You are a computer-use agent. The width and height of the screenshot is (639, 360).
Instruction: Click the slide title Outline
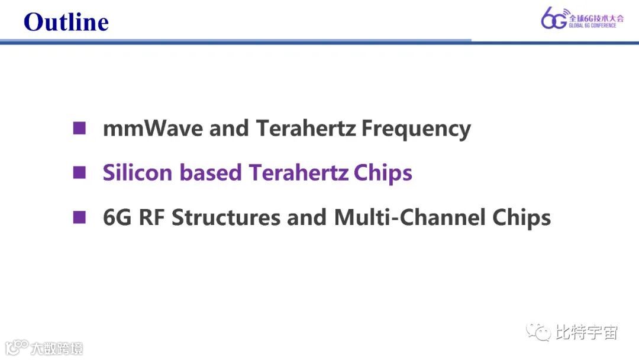[x=66, y=22]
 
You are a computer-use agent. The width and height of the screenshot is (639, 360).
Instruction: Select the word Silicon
[x=138, y=173]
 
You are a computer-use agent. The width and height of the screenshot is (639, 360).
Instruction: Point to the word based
[x=211, y=173]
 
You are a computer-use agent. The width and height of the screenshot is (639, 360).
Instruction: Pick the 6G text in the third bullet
[x=118, y=217]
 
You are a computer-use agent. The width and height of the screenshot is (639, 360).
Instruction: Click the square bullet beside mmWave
[x=79, y=128]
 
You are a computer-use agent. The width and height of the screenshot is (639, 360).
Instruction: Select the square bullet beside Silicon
[x=79, y=173]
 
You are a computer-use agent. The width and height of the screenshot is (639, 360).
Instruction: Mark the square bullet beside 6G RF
[x=79, y=217]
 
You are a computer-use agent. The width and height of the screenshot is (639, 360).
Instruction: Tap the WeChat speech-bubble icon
[x=538, y=332]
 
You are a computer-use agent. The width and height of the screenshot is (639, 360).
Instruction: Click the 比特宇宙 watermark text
[x=586, y=332]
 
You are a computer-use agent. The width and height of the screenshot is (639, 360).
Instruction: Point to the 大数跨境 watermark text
[x=57, y=348]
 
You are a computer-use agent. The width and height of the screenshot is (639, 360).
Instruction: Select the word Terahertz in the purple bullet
[x=298, y=173]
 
